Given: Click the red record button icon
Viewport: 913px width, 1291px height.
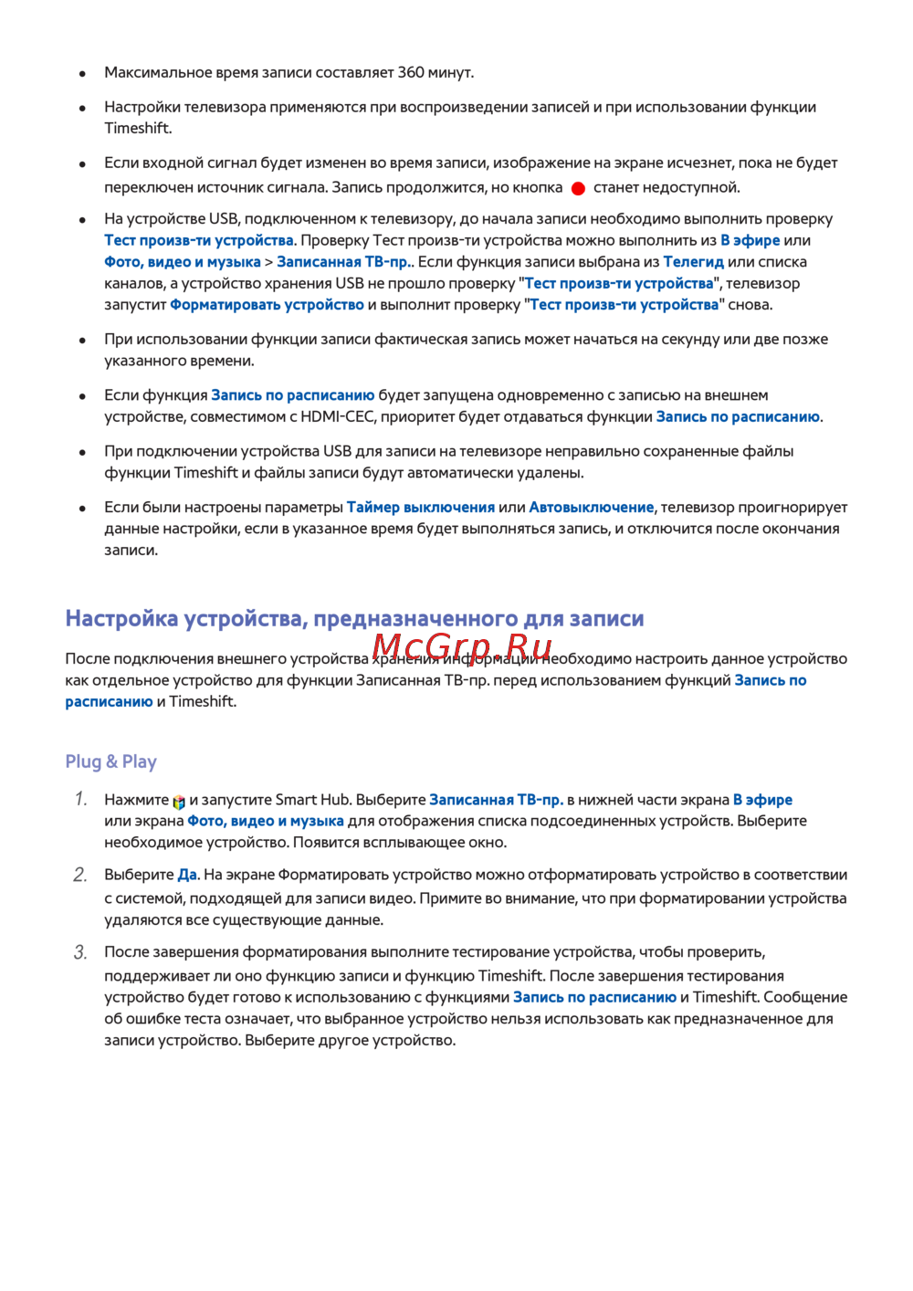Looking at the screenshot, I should [578, 188].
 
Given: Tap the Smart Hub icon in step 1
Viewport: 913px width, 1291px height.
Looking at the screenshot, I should [179, 802].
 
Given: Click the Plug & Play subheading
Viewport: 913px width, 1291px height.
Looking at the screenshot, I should [110, 761].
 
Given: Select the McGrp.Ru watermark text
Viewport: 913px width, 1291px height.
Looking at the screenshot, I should [462, 647].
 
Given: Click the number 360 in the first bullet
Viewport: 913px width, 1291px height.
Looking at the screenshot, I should [411, 72].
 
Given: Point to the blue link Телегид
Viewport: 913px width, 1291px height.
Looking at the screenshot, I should [693, 262].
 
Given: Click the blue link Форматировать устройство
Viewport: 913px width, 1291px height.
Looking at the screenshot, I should [267, 305].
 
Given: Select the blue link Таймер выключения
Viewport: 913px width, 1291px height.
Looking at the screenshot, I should [420, 508].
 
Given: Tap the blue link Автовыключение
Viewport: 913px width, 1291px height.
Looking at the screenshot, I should [591, 508].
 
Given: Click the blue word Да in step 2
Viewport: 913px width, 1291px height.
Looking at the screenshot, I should [187, 875].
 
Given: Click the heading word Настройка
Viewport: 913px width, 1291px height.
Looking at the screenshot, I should [121, 619].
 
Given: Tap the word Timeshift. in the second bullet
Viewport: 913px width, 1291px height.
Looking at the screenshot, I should [138, 129].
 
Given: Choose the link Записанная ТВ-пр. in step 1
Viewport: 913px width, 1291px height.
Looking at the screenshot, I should [496, 800].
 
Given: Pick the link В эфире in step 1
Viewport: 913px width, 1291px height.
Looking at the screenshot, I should [762, 800].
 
